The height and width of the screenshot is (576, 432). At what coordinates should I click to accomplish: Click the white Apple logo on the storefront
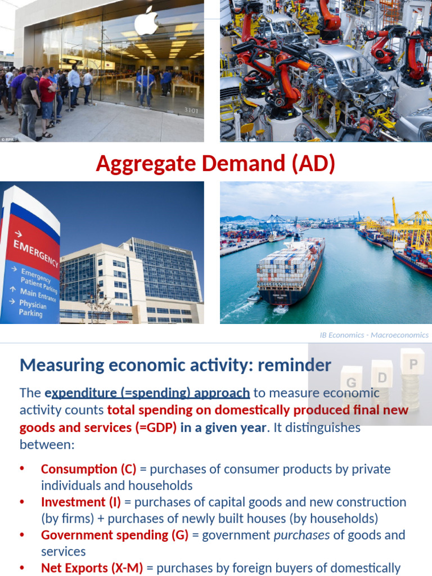(x=146, y=21)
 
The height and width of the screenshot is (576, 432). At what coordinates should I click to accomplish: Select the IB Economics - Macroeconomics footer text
(x=373, y=335)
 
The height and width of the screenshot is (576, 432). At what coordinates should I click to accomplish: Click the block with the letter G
(x=352, y=383)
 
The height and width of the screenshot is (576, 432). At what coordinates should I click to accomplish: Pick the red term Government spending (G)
(x=115, y=535)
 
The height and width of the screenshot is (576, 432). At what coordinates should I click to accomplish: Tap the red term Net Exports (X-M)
(x=92, y=568)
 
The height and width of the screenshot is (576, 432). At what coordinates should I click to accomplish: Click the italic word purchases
(x=301, y=535)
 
